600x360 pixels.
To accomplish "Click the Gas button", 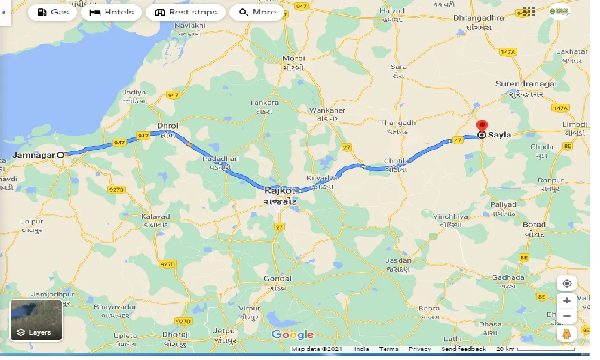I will (x=53, y=12).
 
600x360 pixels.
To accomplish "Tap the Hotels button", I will (x=111, y=12).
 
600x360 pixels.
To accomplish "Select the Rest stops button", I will (x=186, y=12).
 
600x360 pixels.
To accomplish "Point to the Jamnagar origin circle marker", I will (x=60, y=155).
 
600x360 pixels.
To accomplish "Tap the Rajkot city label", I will (x=280, y=190).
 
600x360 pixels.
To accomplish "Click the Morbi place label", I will (x=294, y=58).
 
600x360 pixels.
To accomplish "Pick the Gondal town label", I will (x=278, y=279).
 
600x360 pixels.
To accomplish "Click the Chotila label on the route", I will (x=396, y=161).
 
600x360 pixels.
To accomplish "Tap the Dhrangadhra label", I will (x=479, y=18).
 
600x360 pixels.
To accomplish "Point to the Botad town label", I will (x=534, y=224).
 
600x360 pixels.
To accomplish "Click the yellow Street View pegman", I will (x=567, y=334).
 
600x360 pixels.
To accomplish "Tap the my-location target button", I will (x=567, y=284).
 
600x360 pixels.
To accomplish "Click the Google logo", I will (x=293, y=334).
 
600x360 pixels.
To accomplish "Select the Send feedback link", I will (x=463, y=349).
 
